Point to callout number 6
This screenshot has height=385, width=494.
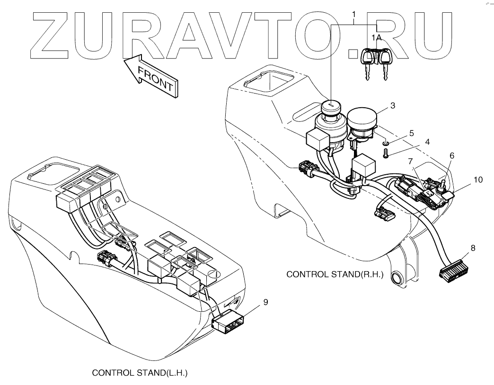click(452, 155)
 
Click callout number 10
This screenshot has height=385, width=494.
click(477, 180)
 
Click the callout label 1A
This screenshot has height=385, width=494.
click(376, 37)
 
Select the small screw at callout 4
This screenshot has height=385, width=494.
click(385, 154)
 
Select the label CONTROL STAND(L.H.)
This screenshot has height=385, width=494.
click(140, 373)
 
